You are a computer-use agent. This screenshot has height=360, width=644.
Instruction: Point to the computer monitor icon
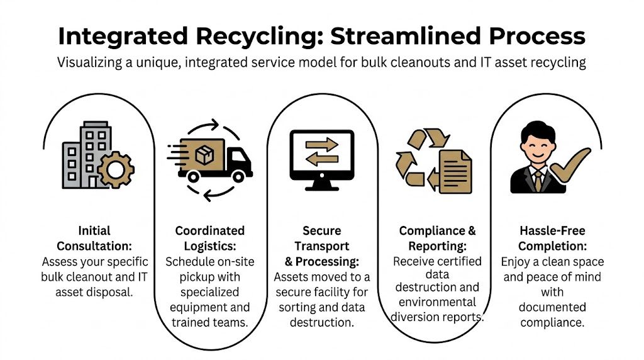point(321,158)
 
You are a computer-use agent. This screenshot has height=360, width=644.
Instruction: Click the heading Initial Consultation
point(96,238)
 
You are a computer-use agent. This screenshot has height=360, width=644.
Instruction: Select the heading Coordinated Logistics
point(209,238)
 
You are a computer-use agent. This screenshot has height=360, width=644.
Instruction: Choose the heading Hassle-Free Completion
point(552,238)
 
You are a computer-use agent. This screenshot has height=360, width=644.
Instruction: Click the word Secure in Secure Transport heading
point(323,230)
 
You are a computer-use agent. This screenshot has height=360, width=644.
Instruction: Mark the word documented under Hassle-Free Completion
point(552,307)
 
